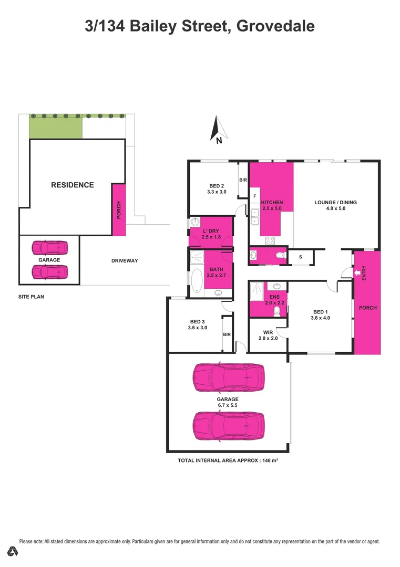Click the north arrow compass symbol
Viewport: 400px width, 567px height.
coord(218,130)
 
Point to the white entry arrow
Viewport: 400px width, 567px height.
coord(359,272)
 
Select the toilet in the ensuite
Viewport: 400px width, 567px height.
coord(277,311)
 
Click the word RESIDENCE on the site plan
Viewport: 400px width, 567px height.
coord(73,185)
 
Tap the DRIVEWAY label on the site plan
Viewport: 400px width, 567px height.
coord(124,260)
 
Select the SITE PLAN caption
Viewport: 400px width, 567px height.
coord(30,297)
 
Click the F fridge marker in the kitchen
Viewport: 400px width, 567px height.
coord(254,196)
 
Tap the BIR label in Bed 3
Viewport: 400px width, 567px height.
coord(227,334)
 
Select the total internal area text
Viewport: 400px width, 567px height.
coord(228,460)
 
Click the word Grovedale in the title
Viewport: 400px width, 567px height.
coord(275,26)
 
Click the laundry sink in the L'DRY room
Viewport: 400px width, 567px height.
coord(194,223)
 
